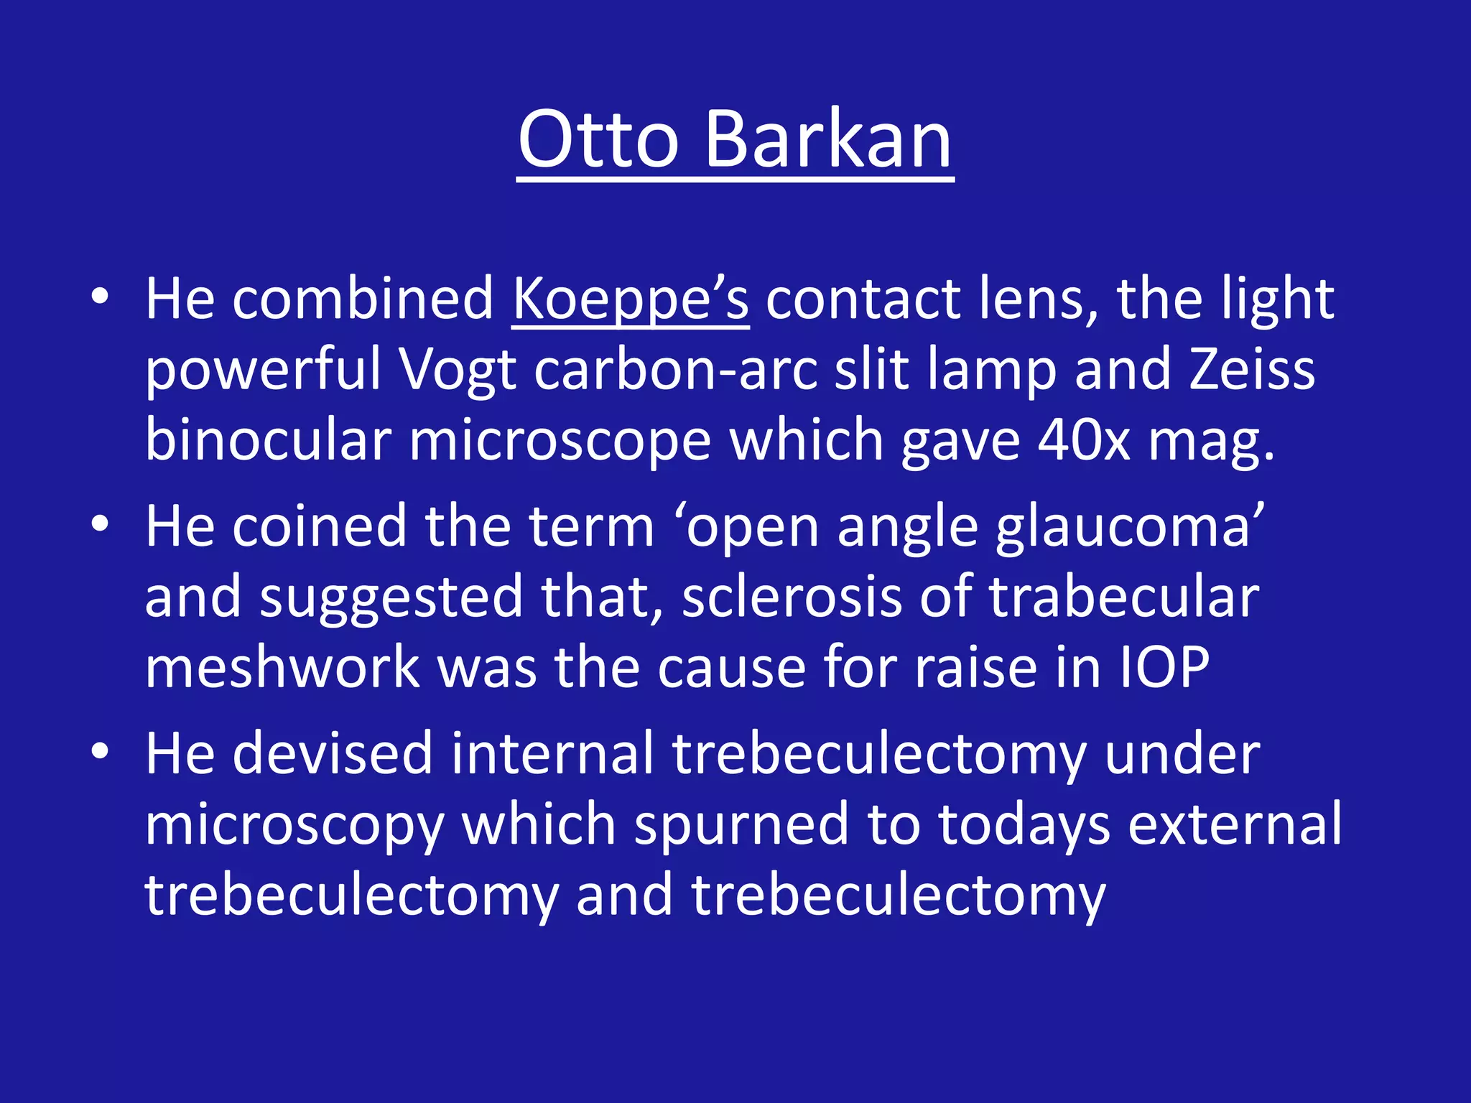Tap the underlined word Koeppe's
(x=630, y=299)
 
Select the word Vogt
(x=458, y=371)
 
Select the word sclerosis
(x=791, y=597)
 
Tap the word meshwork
(x=282, y=668)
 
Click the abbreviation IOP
(x=1165, y=668)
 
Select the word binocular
(x=268, y=441)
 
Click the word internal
(x=551, y=754)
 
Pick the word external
(x=1234, y=825)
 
